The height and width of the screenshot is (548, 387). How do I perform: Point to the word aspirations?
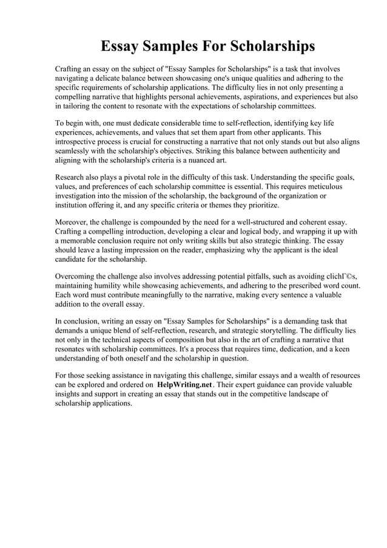[x=256, y=96]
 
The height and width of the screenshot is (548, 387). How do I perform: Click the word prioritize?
[x=259, y=205]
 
